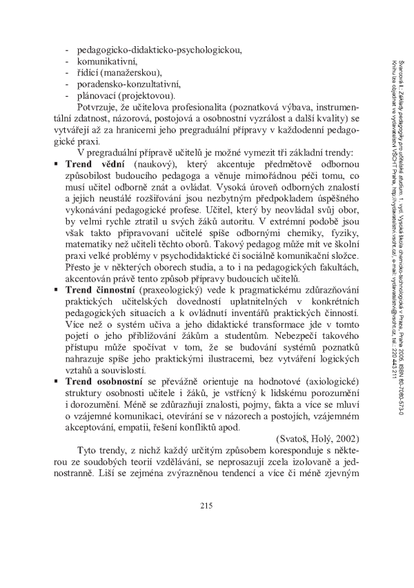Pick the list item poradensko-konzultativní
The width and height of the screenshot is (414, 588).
coord(128,84)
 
